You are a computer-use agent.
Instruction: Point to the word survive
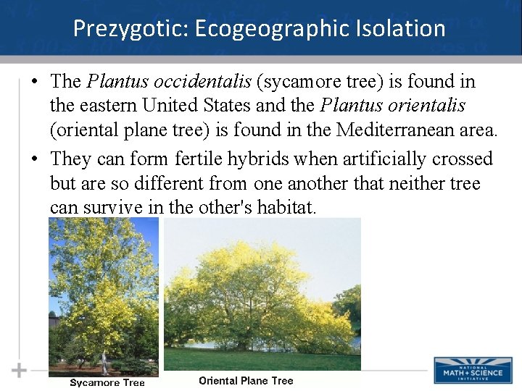[x=112, y=208]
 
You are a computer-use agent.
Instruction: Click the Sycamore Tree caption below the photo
[x=107, y=383]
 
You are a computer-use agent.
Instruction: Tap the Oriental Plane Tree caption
[x=246, y=381]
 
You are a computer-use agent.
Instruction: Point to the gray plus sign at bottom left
[x=19, y=370]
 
